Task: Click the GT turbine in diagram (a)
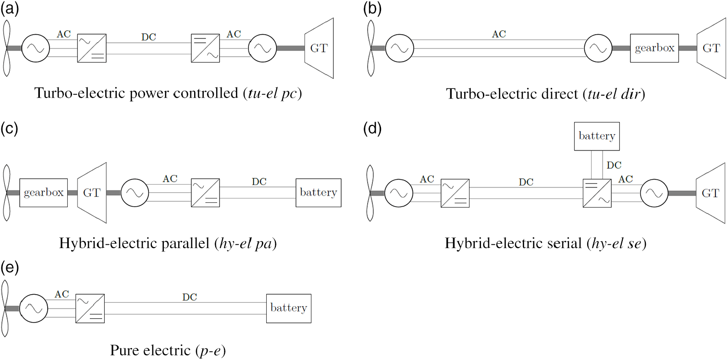click(319, 48)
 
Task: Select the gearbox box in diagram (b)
click(654, 48)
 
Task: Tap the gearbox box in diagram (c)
click(43, 193)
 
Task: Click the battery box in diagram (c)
click(318, 193)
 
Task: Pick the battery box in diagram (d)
click(597, 136)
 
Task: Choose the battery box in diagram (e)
click(289, 308)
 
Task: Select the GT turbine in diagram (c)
click(92, 193)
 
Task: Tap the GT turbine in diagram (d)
click(710, 193)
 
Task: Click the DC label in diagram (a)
click(148, 37)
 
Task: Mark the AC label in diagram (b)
click(499, 34)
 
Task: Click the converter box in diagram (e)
click(90, 308)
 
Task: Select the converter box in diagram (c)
click(206, 193)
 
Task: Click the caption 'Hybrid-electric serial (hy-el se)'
click(545, 243)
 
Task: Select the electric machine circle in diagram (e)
click(34, 308)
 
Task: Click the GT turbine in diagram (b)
click(711, 48)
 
